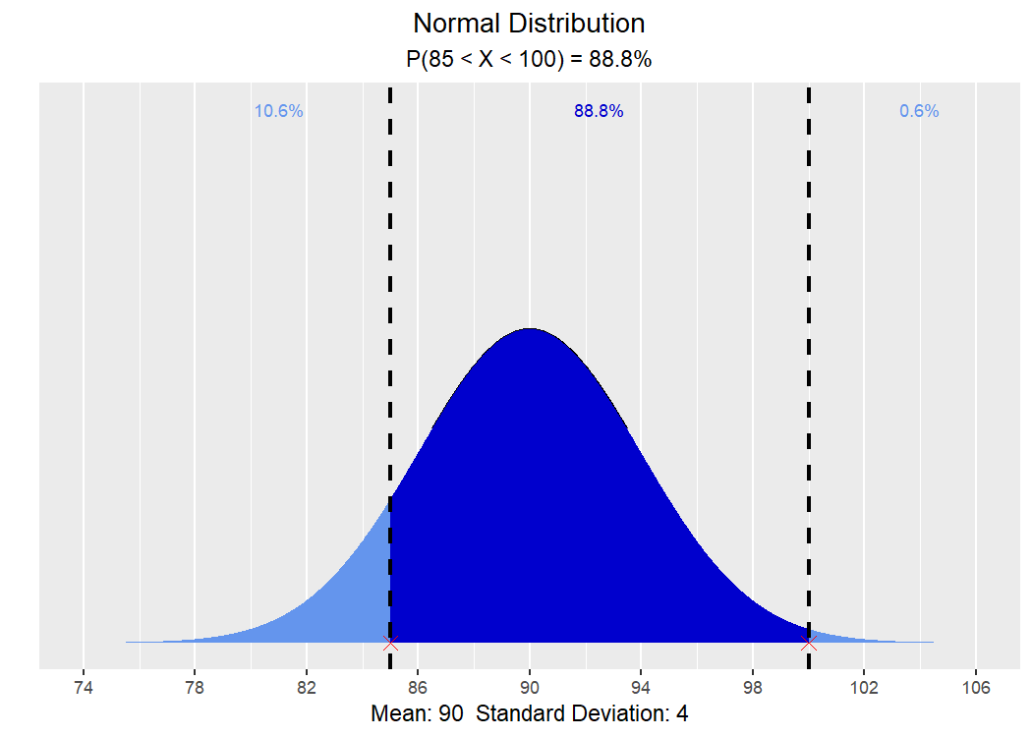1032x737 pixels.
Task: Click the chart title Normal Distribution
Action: coord(529,24)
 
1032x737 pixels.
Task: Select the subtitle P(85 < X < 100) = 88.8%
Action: coord(529,59)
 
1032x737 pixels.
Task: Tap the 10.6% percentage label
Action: coord(279,111)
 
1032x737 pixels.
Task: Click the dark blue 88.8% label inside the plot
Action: coord(599,111)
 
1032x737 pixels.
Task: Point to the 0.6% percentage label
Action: coord(919,111)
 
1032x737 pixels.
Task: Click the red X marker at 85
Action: coord(390,643)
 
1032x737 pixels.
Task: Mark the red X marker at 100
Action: coord(809,643)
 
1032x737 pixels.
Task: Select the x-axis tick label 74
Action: coord(84,688)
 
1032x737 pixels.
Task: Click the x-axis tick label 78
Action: coord(195,688)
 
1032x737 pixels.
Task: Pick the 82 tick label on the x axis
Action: coord(307,688)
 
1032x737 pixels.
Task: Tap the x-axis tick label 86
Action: coord(418,688)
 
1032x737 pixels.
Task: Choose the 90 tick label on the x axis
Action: coord(530,688)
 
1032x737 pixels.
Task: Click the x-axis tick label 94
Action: coord(641,688)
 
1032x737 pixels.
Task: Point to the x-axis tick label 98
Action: coord(753,688)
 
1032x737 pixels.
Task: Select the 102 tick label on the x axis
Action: coord(864,688)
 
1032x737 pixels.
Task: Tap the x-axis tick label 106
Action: coord(976,688)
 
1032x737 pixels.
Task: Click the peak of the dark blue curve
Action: coord(530,329)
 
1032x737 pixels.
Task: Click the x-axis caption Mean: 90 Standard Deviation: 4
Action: coord(529,714)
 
